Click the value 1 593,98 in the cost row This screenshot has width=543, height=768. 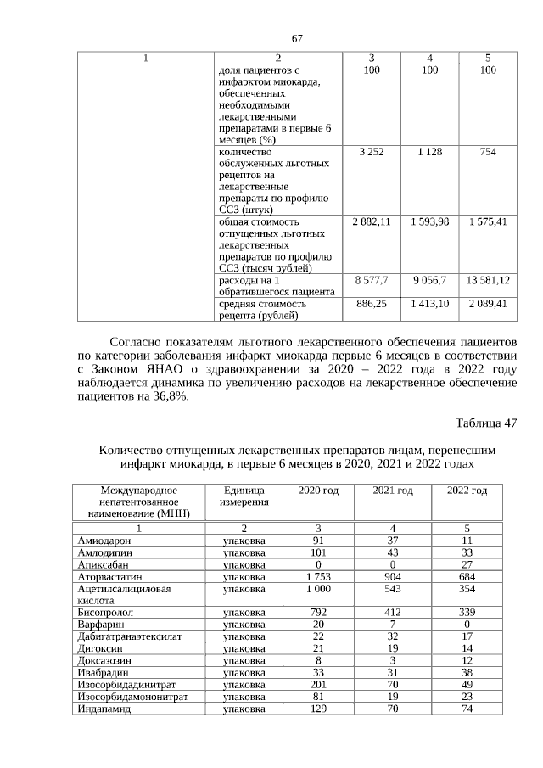click(429, 221)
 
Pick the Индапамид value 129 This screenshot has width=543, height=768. click(318, 707)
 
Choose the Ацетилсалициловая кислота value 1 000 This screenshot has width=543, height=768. click(318, 589)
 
